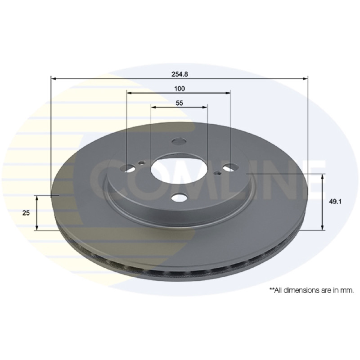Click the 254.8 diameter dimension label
tap(180, 74)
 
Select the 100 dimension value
tap(180, 89)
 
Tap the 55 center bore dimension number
tap(180, 103)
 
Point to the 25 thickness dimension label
tap(26, 213)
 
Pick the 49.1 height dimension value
tap(335, 202)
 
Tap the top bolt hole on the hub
tap(179, 141)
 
